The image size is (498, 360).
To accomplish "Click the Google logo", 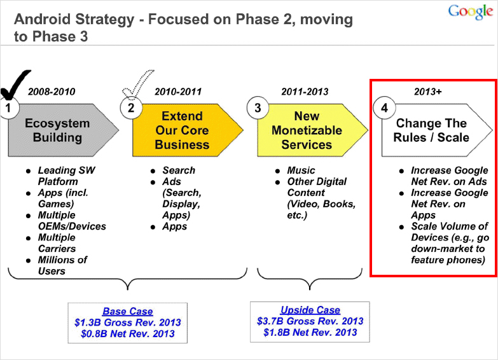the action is (x=471, y=11).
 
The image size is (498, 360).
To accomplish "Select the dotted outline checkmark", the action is (x=137, y=83).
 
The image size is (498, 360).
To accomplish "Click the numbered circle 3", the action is (x=258, y=107).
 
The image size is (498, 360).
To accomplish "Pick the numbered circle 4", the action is (x=384, y=107).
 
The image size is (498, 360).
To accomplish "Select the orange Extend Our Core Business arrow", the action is (x=188, y=130).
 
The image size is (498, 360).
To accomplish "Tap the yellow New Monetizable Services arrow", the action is (x=312, y=130).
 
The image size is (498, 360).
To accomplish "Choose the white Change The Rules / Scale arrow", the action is (x=437, y=130).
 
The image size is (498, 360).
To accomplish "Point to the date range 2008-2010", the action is (x=52, y=92).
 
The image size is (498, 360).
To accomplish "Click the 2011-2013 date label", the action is (x=305, y=92).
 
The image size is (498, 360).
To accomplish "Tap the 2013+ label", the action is (x=428, y=92).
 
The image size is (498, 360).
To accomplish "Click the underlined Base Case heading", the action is (x=128, y=311).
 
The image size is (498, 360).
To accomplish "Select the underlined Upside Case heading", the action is (x=310, y=310).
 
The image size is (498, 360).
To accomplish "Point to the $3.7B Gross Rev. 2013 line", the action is (x=310, y=321).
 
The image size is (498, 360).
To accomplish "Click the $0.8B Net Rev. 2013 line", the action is (x=128, y=334).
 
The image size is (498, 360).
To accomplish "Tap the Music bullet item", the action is (x=301, y=170).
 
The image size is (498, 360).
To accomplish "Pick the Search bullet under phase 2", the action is (x=179, y=170).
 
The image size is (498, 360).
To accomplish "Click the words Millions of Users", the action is (x=62, y=265).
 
